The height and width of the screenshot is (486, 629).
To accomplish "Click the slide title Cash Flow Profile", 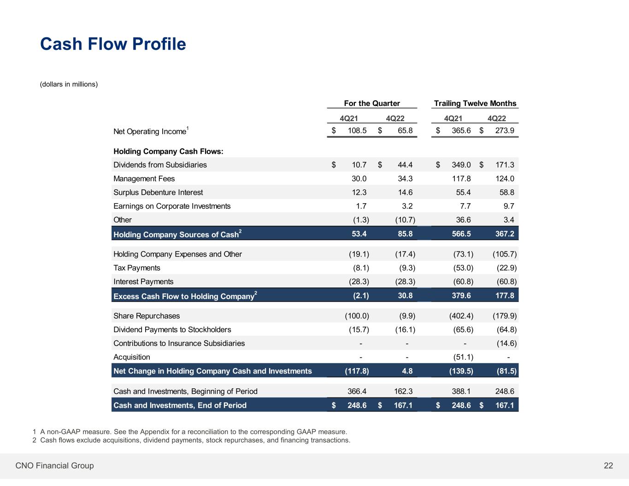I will pyautogui.click(x=113, y=44).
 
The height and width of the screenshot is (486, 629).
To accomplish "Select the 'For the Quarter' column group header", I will pyautogui.click(x=372, y=103).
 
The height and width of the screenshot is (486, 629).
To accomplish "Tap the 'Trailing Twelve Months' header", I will pyautogui.click(x=475, y=103).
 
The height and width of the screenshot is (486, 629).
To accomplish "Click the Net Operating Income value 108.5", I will pyautogui.click(x=357, y=130).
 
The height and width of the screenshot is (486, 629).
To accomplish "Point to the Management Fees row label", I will pyautogui.click(x=144, y=179).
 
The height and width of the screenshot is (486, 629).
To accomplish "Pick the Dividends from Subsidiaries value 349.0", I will pyautogui.click(x=461, y=165).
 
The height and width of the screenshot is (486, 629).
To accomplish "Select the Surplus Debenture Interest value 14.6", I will pyautogui.click(x=405, y=193).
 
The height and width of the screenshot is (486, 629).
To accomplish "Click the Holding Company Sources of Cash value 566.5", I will pyautogui.click(x=461, y=234).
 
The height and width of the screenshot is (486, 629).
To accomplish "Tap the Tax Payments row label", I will pyautogui.click(x=137, y=268).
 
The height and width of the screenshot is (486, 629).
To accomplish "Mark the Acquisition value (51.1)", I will pyautogui.click(x=463, y=357).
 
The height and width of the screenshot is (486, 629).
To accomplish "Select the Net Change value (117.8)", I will pyautogui.click(x=357, y=371).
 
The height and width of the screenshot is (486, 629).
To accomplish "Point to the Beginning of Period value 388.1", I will pyautogui.click(x=461, y=392).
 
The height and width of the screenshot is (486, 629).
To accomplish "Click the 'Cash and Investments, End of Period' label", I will pyautogui.click(x=180, y=405).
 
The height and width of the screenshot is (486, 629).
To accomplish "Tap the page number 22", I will pyautogui.click(x=608, y=466).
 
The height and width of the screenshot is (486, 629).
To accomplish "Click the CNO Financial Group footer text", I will pyautogui.click(x=54, y=466).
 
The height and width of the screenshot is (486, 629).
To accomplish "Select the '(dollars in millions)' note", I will pyautogui.click(x=69, y=84).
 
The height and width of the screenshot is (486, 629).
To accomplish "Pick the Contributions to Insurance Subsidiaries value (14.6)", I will pyautogui.click(x=506, y=344).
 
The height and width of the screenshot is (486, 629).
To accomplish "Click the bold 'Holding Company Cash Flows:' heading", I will pyautogui.click(x=168, y=152).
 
